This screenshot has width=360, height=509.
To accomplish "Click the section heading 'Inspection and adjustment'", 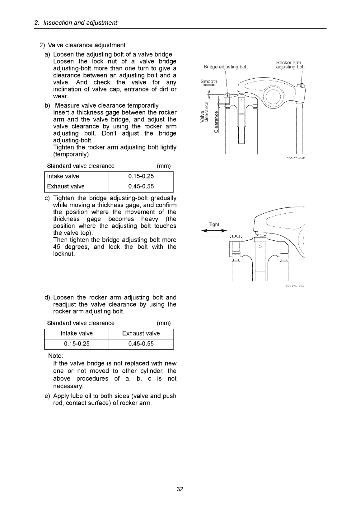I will [80, 23].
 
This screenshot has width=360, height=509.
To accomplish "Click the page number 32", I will [180, 489].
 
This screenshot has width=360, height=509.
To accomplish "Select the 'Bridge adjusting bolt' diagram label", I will [226, 67].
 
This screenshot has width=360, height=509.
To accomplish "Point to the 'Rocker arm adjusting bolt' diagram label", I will [290, 65].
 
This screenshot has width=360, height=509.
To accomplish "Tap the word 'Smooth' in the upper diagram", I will [209, 81].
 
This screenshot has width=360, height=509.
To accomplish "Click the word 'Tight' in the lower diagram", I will [214, 224].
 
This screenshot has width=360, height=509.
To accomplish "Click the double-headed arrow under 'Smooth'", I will [209, 86].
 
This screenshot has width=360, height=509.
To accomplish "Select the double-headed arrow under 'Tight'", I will [214, 230].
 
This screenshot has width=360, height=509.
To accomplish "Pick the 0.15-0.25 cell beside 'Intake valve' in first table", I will [141, 176].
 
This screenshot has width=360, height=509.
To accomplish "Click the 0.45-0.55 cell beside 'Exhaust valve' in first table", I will [141, 187].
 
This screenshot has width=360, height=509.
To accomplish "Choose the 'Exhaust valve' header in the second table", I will [141, 333].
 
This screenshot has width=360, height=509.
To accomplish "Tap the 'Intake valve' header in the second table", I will [77, 333].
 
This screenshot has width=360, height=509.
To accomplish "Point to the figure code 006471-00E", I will [294, 286].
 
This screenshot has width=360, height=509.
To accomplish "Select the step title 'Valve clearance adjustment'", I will [87, 45].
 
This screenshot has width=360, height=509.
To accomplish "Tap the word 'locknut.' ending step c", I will [64, 254].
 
